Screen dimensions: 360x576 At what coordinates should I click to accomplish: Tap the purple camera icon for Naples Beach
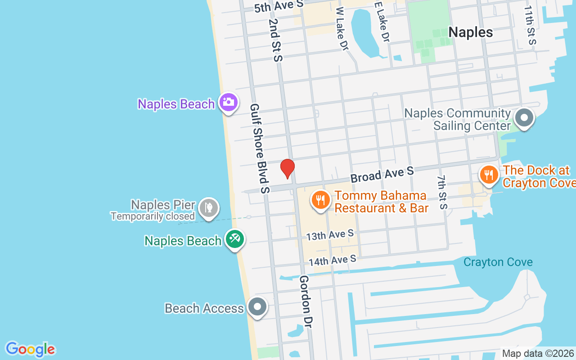click(228, 103)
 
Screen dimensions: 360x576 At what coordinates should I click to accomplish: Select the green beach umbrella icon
click(234, 239)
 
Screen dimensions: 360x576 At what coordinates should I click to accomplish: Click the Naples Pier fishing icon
click(209, 208)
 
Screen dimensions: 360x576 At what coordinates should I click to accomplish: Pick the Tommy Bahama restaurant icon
click(320, 200)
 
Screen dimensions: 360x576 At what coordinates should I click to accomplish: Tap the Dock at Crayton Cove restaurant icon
click(489, 175)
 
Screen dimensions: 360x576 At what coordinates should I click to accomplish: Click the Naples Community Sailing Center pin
click(524, 118)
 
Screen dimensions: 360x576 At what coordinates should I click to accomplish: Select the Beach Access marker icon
click(257, 307)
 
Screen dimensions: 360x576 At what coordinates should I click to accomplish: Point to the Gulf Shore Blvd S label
click(260, 148)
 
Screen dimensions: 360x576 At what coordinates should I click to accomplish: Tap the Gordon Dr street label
click(306, 301)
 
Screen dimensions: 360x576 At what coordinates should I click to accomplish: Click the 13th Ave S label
click(330, 235)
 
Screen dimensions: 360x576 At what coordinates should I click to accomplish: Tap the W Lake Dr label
click(342, 28)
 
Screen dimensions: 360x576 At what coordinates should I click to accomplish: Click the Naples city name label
click(471, 32)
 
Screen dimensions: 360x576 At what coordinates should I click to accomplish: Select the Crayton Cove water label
click(498, 262)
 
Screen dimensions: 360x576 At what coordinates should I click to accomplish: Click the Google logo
click(31, 349)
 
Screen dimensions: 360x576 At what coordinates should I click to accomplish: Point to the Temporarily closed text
click(153, 216)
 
